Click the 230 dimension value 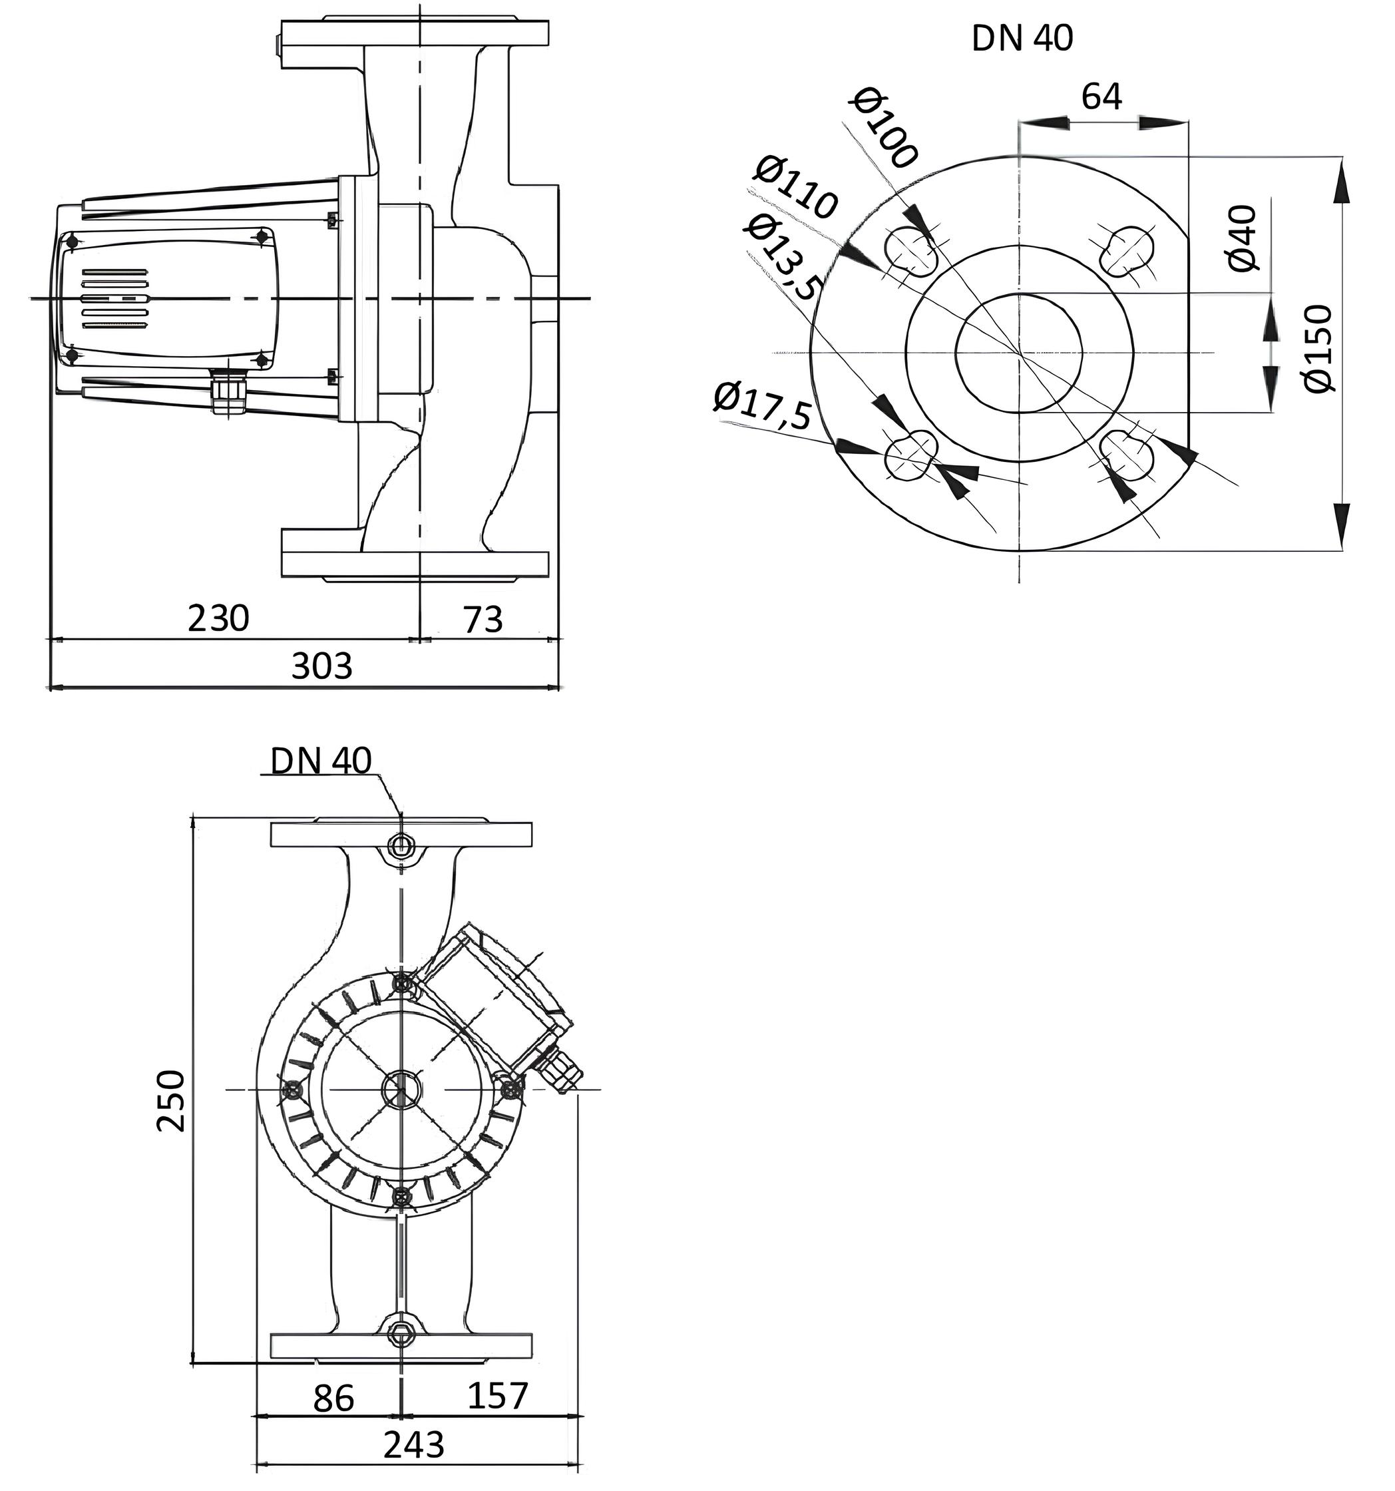pos(218,619)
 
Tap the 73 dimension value pos(483,620)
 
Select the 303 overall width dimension pos(321,665)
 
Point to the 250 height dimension pos(171,1100)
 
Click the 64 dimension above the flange pos(1101,96)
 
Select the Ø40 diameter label pos(1243,238)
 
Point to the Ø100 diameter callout pos(885,128)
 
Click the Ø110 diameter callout pos(794,188)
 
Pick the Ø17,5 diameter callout pos(762,405)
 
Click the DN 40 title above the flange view pos(1022,39)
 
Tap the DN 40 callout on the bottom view pos(321,761)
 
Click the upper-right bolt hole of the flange pos(1127,250)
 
